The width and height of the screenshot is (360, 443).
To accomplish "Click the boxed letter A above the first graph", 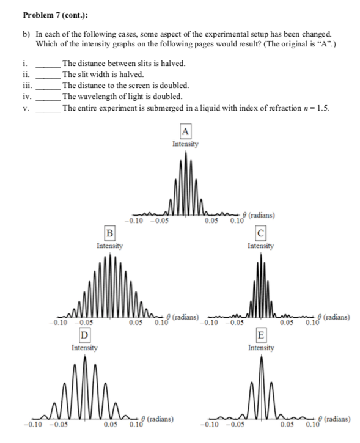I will (185, 131).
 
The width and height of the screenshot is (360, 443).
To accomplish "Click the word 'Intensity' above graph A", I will (185, 144).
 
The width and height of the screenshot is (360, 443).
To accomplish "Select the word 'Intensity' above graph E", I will (261, 348).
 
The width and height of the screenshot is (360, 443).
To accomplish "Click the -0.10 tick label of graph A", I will (133, 221).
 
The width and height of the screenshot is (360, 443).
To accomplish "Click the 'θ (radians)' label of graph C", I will (333, 317).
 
